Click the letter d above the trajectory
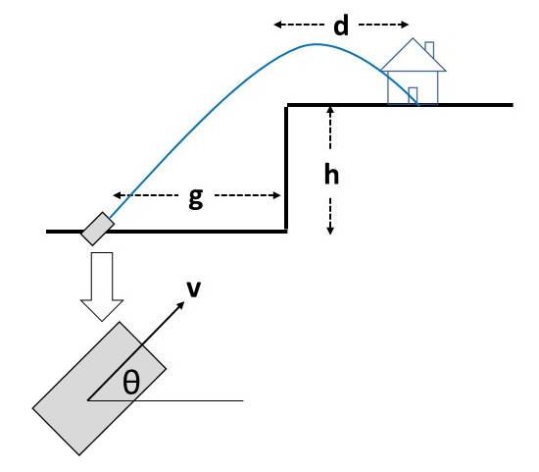(x=341, y=26)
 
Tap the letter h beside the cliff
(x=331, y=175)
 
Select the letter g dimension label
(x=196, y=198)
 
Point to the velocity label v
(x=193, y=289)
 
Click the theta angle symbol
(x=131, y=382)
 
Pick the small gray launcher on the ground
(x=98, y=229)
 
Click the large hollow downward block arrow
(x=102, y=287)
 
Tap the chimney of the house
(x=429, y=50)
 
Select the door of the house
(x=413, y=95)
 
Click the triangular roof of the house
(x=414, y=55)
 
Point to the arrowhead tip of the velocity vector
(x=184, y=302)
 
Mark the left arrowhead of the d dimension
(x=274, y=25)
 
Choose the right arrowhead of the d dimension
(x=408, y=25)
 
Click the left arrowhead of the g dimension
(x=114, y=195)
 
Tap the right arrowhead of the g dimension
(x=280, y=195)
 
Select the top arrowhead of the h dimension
(x=330, y=107)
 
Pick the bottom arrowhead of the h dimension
(x=330, y=235)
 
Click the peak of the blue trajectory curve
(x=317, y=44)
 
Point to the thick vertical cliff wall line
(x=285, y=168)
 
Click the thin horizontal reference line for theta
(x=166, y=400)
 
